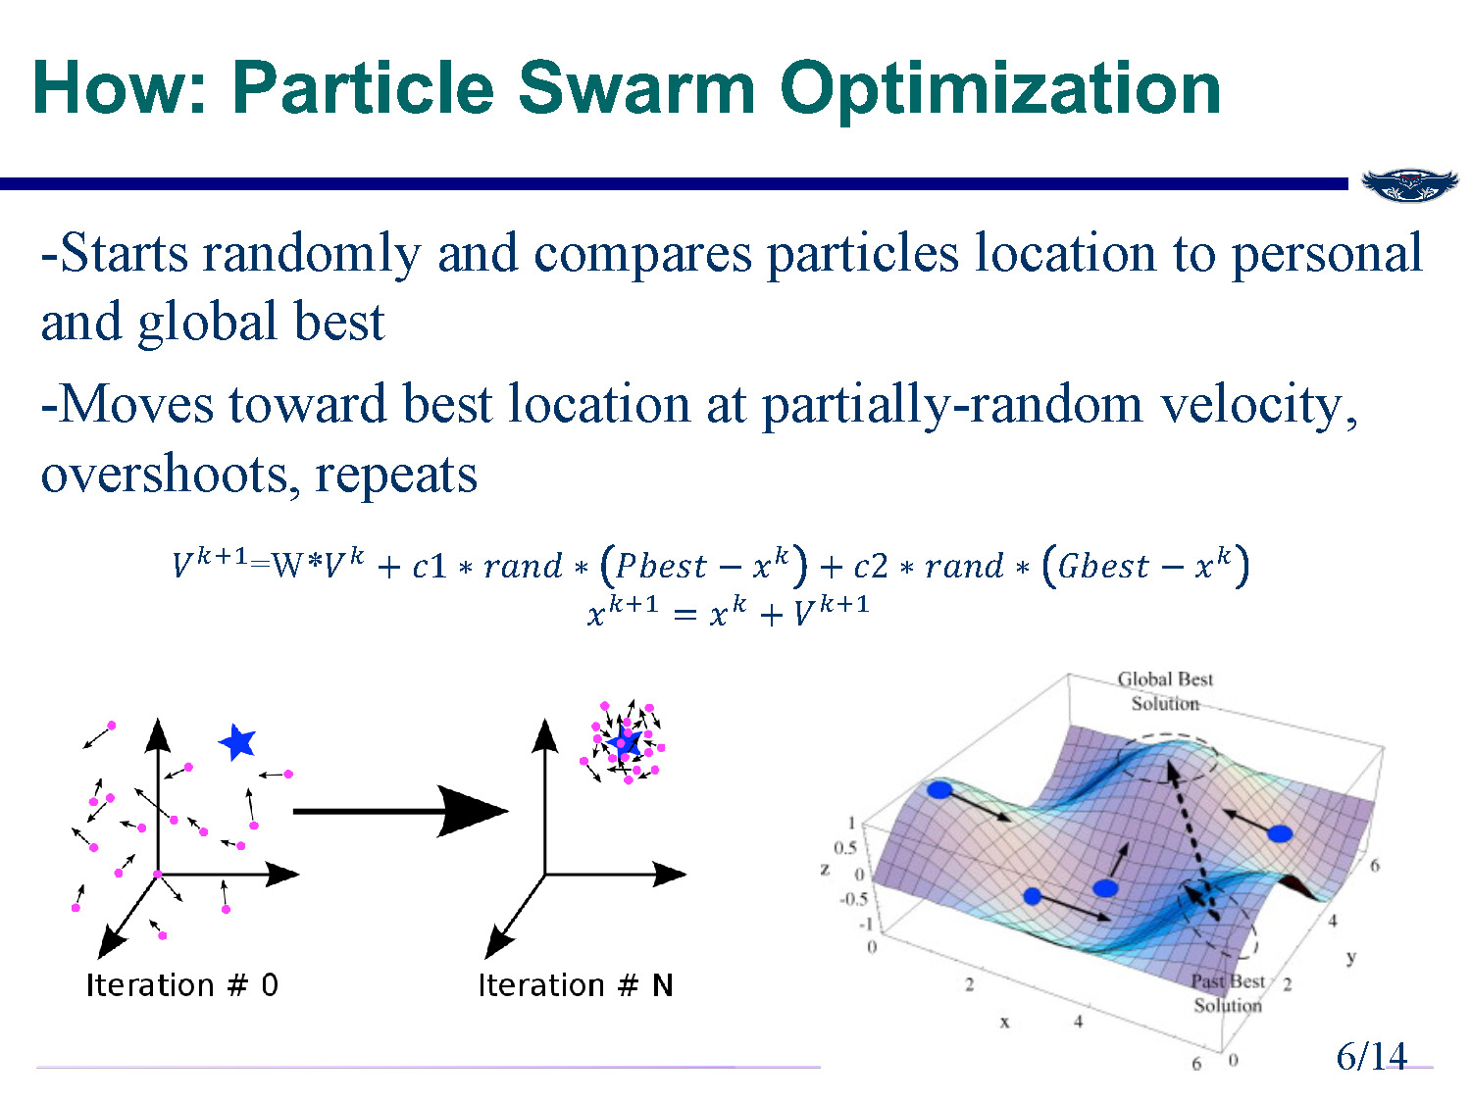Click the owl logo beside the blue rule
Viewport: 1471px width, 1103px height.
point(1409,184)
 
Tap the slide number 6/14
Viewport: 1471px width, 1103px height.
point(1371,1056)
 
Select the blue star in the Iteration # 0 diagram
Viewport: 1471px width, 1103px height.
point(237,743)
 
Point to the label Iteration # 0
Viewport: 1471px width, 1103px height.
point(181,984)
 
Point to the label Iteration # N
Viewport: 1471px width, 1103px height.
point(575,984)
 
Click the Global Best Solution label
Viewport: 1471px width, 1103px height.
point(1165,690)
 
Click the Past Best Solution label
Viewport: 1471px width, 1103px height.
point(1228,992)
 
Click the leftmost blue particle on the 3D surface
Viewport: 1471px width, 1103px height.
point(939,789)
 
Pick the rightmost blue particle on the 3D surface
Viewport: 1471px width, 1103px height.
point(1280,833)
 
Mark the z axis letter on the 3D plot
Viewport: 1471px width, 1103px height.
point(825,869)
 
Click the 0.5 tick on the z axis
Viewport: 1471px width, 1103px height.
point(844,847)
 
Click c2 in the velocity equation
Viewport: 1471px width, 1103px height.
point(870,567)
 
